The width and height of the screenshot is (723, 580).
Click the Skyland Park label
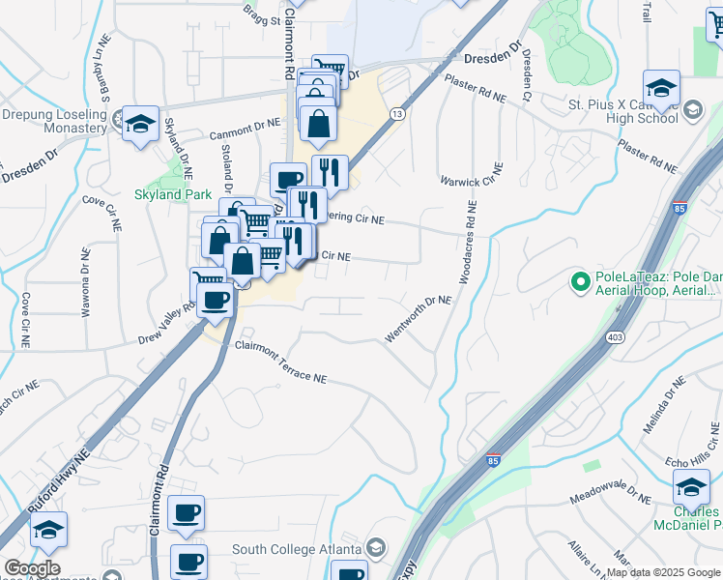(x=172, y=194)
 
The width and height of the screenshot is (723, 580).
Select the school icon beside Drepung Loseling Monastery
(x=141, y=125)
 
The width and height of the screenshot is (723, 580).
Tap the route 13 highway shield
(x=397, y=114)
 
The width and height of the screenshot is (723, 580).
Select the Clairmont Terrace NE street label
(x=280, y=363)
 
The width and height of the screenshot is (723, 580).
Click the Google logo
(x=32, y=568)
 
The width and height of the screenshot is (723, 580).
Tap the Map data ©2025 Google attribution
(x=663, y=572)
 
